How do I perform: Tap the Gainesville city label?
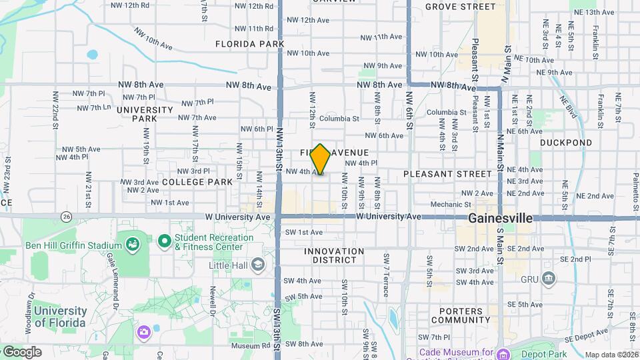pos(500,218)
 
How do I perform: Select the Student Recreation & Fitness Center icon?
pos(165,241)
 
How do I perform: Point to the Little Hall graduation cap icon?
pos(257,265)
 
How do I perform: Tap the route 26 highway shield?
pos(66,217)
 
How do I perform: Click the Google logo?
pos(21,352)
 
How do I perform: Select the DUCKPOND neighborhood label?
pos(565,143)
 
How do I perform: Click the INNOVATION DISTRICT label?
pos(334,256)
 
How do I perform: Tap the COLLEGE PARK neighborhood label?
pos(197,181)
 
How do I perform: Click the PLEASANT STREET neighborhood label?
pos(447,174)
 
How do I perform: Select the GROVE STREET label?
pos(460,7)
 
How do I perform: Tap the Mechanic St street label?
pos(451,205)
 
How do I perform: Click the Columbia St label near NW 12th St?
pos(339,119)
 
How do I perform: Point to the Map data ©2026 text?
pos(611,355)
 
